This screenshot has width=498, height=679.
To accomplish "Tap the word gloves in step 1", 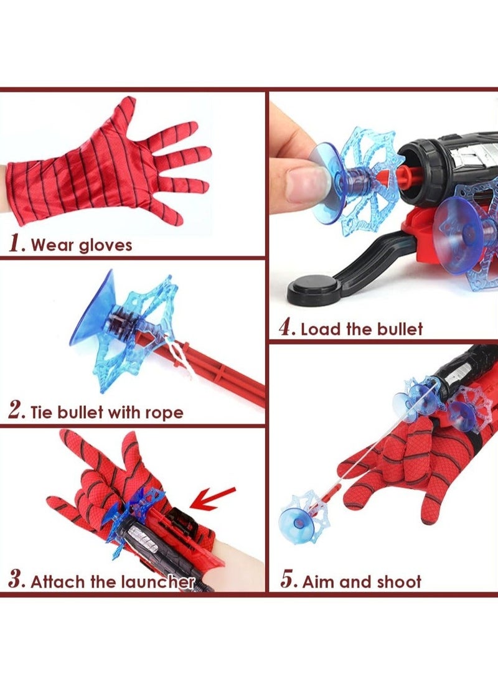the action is pyautogui.click(x=105, y=246).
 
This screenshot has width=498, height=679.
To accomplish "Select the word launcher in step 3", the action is pyautogui.click(x=157, y=581).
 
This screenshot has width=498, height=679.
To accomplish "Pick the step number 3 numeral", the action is pyautogui.click(x=16, y=579).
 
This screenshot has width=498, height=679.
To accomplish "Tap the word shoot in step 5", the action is pyautogui.click(x=399, y=581).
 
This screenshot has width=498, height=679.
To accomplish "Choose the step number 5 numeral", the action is pyautogui.click(x=288, y=579).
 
